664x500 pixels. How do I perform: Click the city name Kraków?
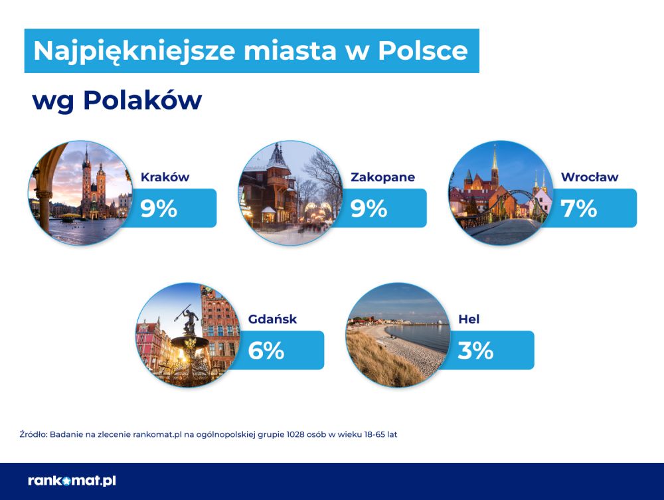point(165,177)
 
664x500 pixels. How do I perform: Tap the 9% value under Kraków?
point(159,208)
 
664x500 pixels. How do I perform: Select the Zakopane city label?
point(382,177)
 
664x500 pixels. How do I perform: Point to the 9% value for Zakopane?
point(369,208)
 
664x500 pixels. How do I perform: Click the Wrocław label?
point(590,177)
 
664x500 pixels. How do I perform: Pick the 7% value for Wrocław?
point(578,208)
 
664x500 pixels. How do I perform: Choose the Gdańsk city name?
point(272,319)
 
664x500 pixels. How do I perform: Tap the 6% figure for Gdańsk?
point(266,351)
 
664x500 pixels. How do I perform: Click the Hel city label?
point(469,319)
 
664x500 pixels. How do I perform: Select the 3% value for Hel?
point(475,351)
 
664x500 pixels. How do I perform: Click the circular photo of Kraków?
point(80,193)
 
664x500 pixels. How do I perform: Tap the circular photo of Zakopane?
point(291,193)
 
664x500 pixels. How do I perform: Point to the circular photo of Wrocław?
point(501,193)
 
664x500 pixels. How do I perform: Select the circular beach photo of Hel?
point(398,335)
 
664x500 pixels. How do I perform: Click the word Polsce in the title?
point(422,51)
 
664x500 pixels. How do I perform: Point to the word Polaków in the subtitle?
point(142,100)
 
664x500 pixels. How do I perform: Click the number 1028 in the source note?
point(295,434)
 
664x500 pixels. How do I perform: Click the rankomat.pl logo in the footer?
point(72,481)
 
